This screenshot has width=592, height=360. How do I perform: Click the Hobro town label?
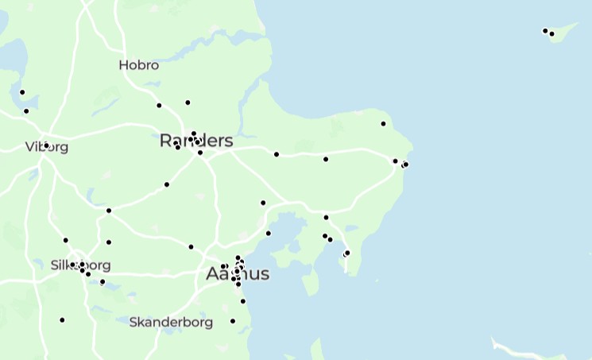click(138, 65)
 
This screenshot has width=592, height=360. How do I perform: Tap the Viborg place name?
click(47, 147)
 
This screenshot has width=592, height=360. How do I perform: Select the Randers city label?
click(196, 141)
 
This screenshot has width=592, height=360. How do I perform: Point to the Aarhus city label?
click(238, 274)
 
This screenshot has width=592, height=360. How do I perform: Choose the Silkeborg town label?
click(80, 265)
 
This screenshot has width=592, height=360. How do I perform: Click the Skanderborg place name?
click(171, 323)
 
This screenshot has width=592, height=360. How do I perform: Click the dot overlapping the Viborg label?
click(46, 145)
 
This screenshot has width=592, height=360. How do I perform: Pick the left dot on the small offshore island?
click(545, 31)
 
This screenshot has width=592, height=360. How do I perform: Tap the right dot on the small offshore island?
click(551, 34)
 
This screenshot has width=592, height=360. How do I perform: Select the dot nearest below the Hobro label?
click(159, 106)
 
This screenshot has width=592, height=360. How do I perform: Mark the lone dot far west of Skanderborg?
click(62, 320)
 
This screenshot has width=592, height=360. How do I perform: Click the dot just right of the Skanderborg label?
click(233, 321)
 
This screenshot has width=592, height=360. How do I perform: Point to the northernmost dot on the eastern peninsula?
click(383, 124)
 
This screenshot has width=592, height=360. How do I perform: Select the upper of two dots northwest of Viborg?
click(22, 93)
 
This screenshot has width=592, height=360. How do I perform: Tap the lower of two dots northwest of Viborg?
click(26, 111)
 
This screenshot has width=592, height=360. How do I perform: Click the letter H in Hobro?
click(123, 65)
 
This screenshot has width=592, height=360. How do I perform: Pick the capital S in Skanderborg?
click(133, 323)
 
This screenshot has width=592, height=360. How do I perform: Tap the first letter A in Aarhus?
click(212, 274)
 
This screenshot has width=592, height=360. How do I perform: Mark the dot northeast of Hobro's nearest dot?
click(188, 103)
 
